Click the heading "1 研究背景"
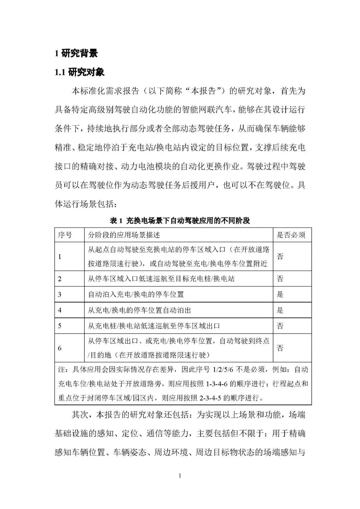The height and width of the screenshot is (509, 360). point(76,53)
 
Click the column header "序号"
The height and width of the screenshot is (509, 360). point(65,235)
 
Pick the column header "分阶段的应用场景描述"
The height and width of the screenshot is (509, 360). point(124,235)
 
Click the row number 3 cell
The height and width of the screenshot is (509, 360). point(60,294)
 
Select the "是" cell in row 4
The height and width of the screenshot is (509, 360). point(280,310)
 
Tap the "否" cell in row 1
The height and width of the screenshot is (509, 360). point(280,256)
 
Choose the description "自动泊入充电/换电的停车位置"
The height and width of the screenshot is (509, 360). point(136,294)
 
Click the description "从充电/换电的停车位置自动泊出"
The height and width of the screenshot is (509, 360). point(139,310)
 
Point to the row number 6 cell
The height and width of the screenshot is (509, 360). point(60,348)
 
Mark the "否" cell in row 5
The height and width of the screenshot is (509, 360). point(280,326)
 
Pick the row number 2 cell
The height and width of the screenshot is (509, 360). point(60,279)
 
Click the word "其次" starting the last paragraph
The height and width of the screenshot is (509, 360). point(80,415)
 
